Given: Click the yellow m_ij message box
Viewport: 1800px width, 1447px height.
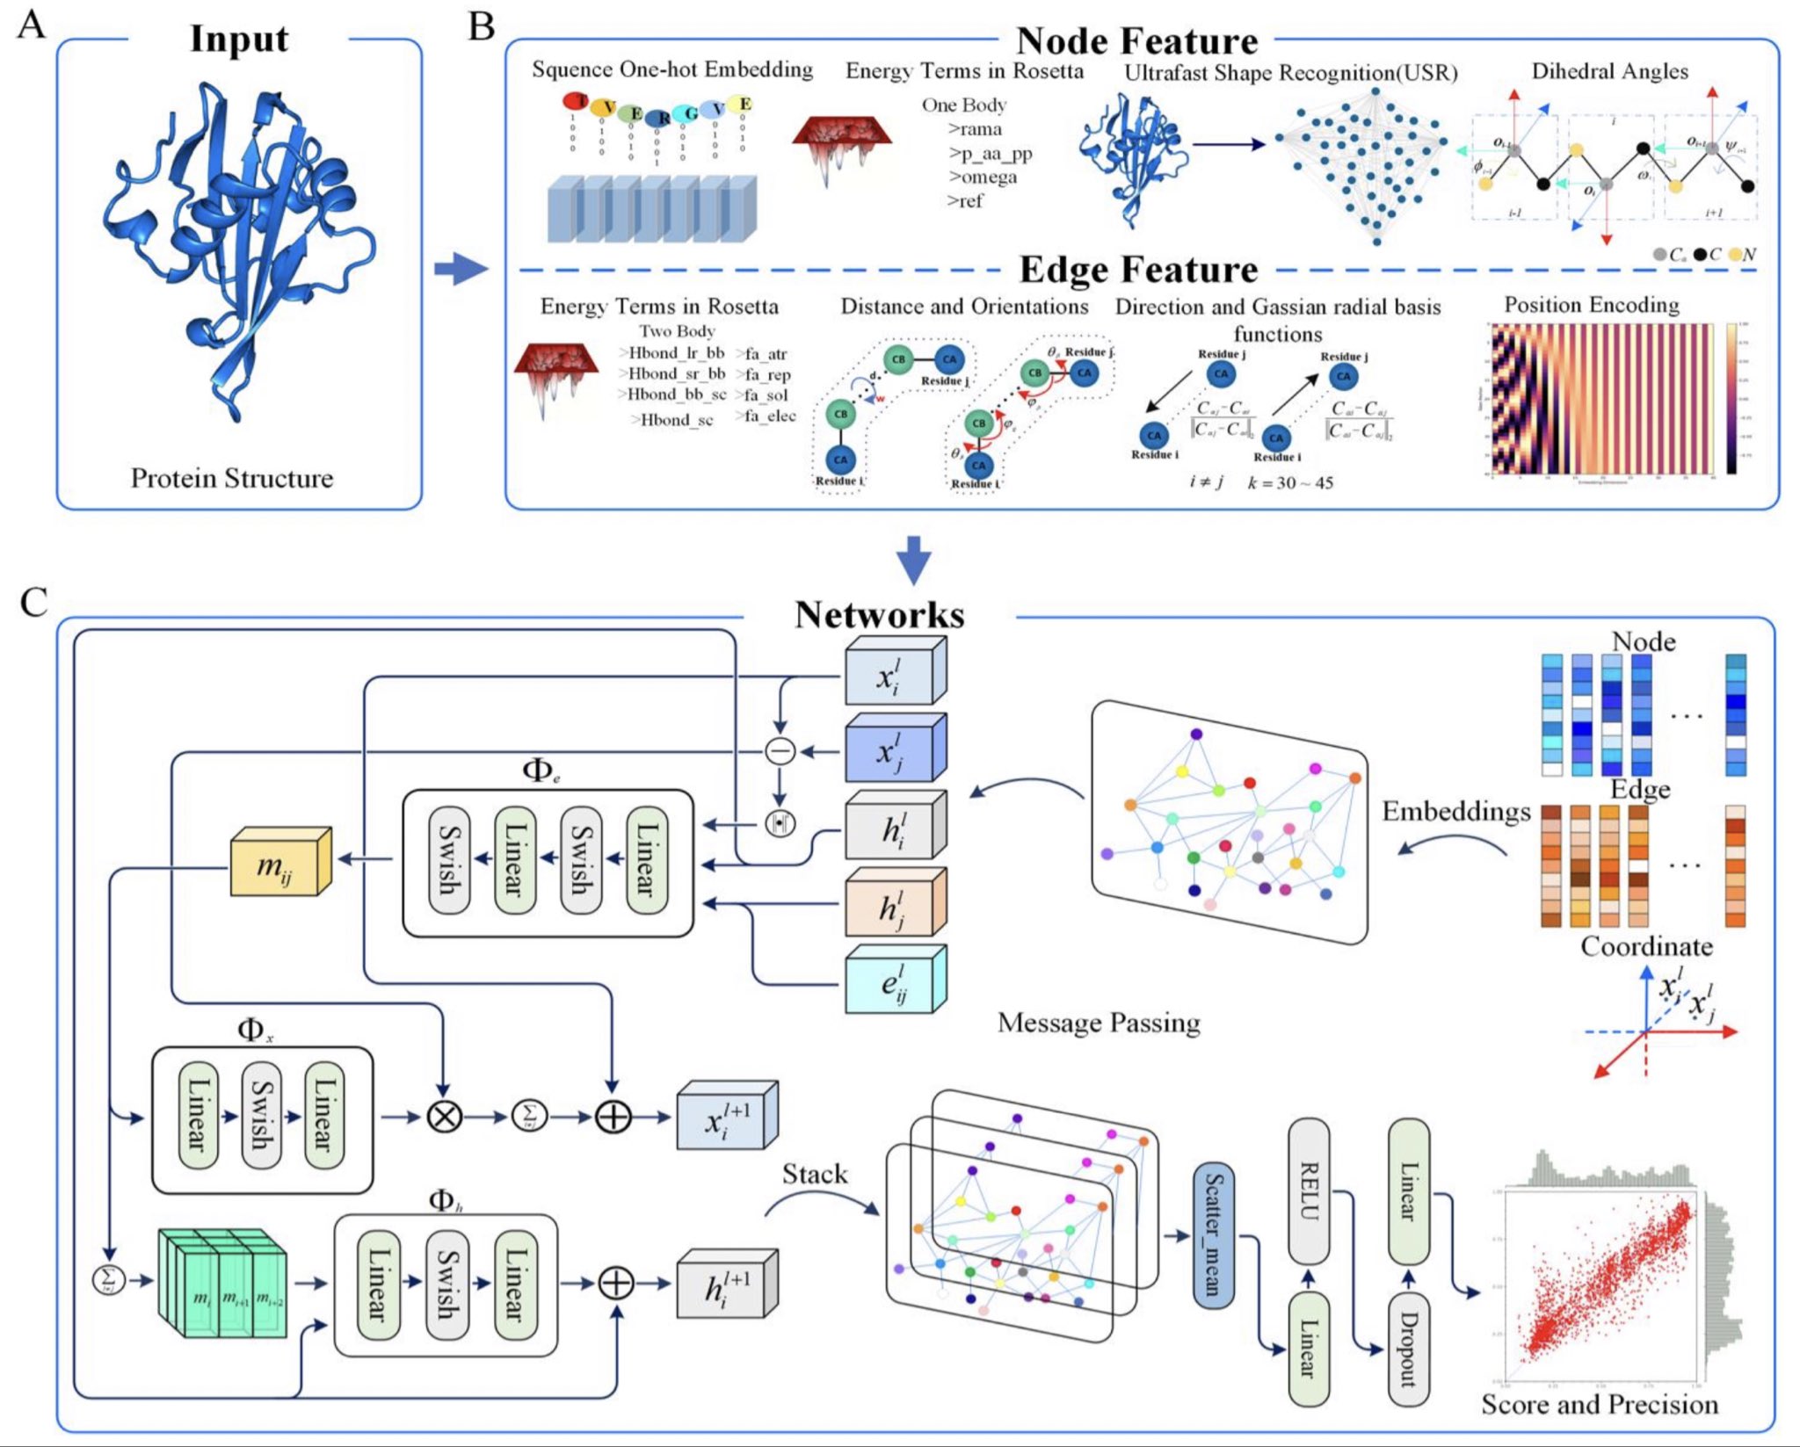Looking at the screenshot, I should click(x=279, y=863).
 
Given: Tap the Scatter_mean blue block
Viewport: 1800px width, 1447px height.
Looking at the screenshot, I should click(x=1213, y=1235).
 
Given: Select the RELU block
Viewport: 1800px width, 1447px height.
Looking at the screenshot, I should click(x=1309, y=1191).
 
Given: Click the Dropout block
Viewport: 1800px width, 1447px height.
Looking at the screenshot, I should click(x=1408, y=1349).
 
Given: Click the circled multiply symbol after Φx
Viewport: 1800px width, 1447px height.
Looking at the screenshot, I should click(x=444, y=1117).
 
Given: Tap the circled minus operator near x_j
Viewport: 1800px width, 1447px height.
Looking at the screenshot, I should click(x=780, y=751).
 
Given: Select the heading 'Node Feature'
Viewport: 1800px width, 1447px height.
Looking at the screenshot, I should click(x=1136, y=41).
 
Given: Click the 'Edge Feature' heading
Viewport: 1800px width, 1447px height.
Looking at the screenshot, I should click(x=1138, y=270).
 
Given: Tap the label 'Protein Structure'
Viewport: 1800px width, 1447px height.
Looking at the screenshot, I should click(x=232, y=478).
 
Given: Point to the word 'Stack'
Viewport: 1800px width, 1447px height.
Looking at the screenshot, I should click(x=815, y=1174).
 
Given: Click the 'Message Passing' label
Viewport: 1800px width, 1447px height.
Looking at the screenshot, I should click(x=1099, y=1023).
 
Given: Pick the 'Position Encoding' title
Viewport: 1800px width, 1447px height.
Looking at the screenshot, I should click(x=1591, y=305).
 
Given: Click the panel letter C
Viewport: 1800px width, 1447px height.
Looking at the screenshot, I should click(x=33, y=603).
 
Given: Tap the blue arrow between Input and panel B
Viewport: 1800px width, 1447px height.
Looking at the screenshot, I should click(x=460, y=268).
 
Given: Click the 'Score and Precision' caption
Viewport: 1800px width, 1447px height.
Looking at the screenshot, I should click(x=1599, y=1404).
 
